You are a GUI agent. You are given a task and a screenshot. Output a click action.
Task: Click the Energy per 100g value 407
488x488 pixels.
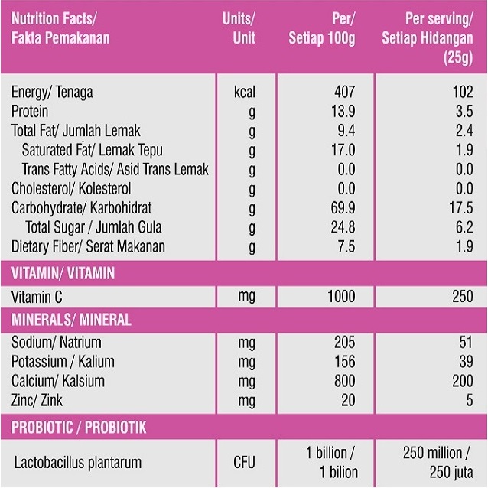coord(345,93)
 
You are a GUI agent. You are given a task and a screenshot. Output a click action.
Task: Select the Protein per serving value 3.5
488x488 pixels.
coord(464,112)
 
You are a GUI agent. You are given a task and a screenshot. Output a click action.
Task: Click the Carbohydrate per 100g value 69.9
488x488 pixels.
coord(343,208)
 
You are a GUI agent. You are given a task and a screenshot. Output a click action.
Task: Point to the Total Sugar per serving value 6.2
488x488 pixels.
coord(464,227)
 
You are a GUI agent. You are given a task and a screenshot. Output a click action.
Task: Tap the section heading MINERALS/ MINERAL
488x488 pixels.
coord(70,320)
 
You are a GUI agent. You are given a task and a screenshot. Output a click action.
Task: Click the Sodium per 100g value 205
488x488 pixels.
coord(345,343)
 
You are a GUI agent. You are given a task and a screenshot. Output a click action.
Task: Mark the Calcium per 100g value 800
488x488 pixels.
coord(345,381)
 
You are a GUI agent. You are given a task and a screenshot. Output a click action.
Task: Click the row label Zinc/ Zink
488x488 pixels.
coord(39,400)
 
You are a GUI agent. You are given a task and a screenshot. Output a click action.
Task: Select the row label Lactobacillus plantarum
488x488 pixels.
coord(78,462)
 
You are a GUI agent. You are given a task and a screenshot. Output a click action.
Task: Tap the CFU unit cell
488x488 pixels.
coord(244,462)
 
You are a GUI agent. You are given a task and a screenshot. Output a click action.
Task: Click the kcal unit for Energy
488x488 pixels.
coord(244,93)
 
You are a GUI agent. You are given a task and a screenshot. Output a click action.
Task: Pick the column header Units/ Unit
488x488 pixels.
coord(239,28)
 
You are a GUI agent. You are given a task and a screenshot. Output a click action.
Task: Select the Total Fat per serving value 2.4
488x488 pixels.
coord(464,131)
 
